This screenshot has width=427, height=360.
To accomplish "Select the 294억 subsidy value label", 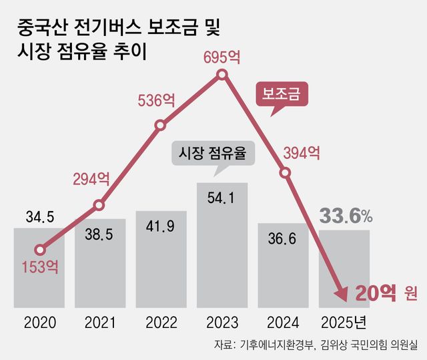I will [91, 178].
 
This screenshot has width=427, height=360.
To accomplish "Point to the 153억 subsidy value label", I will [40, 267].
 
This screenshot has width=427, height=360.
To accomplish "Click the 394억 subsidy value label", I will [301, 154].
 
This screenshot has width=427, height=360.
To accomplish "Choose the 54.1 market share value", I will [221, 198].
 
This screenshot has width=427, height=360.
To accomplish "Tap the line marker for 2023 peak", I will [223, 78].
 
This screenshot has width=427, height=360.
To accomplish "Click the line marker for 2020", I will [40, 250].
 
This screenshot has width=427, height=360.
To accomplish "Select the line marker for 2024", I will [285, 172].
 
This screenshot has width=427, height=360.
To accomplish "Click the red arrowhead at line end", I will [341, 291].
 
